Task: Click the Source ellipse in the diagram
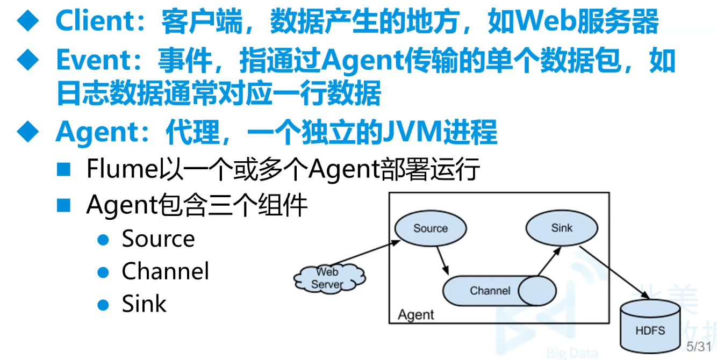click(x=430, y=228)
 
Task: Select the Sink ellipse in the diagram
click(x=561, y=228)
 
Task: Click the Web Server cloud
click(x=327, y=278)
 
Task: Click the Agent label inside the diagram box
click(x=415, y=315)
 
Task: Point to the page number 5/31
click(x=699, y=347)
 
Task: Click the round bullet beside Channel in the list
click(x=103, y=272)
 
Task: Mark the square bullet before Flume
click(x=64, y=170)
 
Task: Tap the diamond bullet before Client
click(x=28, y=22)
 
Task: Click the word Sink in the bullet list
click(x=144, y=304)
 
